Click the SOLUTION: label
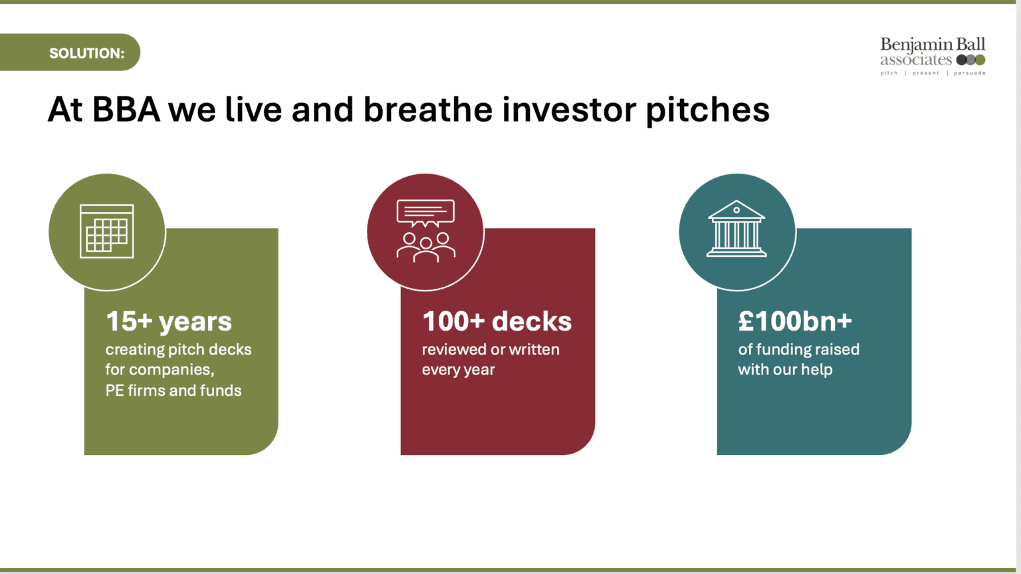pyautogui.click(x=86, y=53)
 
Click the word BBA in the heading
pyautogui.click(x=126, y=110)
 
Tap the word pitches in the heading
pyautogui.click(x=707, y=110)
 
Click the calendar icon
pyautogui.click(x=106, y=231)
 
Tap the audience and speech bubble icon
pyautogui.click(x=425, y=231)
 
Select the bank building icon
pyautogui.click(x=737, y=228)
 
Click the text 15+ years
pyautogui.click(x=169, y=321)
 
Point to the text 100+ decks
pyautogui.click(x=497, y=321)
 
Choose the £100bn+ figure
pyautogui.click(x=795, y=321)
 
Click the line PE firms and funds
pyautogui.click(x=173, y=390)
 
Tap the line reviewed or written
pyautogui.click(x=491, y=349)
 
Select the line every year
pyautogui.click(x=458, y=370)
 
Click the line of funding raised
pyautogui.click(x=798, y=349)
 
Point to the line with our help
pyautogui.click(x=785, y=369)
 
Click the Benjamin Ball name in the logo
pyautogui.click(x=933, y=45)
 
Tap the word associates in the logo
pyautogui.click(x=916, y=60)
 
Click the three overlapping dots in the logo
pyautogui.click(x=971, y=60)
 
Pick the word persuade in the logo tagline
pyautogui.click(x=970, y=73)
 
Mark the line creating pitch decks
pyautogui.click(x=178, y=350)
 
